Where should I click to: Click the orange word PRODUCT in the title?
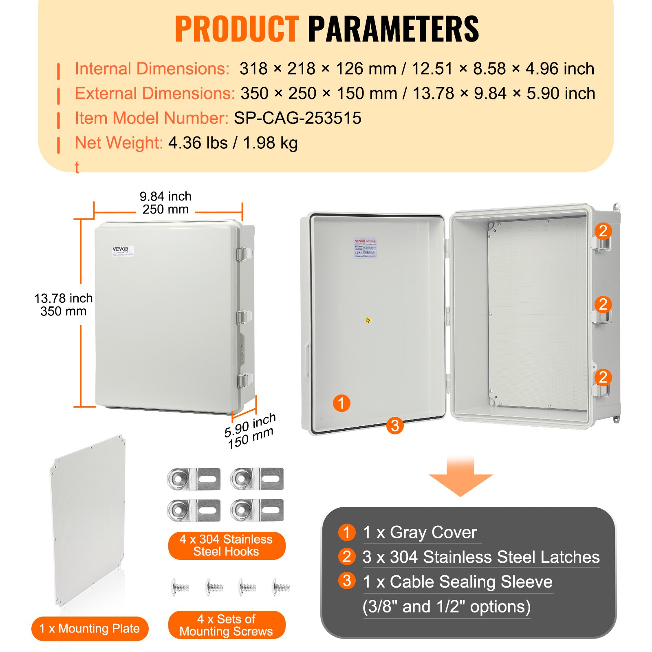[x=237, y=29]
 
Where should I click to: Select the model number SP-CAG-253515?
[x=297, y=118]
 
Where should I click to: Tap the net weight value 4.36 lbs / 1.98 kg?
[x=233, y=143]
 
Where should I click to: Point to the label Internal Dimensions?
[x=152, y=68]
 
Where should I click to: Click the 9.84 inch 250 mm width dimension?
[x=165, y=203]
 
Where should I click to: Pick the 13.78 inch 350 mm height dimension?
[x=64, y=305]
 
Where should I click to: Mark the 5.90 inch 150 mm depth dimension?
[x=250, y=431]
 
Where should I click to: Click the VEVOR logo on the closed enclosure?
[x=120, y=249]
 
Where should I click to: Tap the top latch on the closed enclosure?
[x=243, y=254]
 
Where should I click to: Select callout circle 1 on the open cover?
[x=341, y=403]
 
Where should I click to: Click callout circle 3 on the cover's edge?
[x=394, y=426]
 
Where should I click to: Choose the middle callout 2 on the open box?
[x=603, y=304]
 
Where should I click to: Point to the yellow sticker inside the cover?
[x=368, y=320]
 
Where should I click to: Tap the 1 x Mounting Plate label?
[x=90, y=628]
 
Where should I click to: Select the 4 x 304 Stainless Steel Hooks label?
[x=226, y=545]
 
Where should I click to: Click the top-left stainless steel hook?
[x=194, y=479]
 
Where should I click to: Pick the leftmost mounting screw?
[x=181, y=587]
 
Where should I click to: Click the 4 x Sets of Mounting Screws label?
[x=226, y=625]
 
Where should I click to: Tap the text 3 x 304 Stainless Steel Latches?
[x=481, y=557]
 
